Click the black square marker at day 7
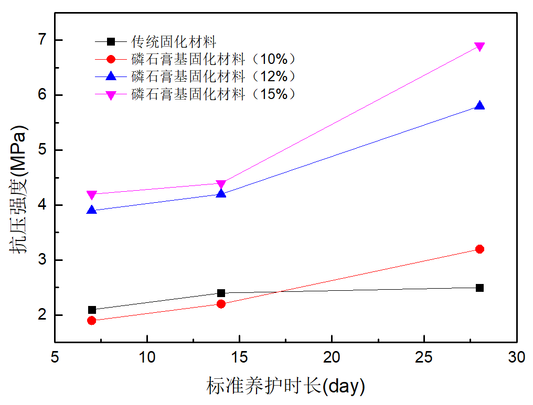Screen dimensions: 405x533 (92, 310)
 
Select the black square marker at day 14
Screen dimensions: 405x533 (221, 293)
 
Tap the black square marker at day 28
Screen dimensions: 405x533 (479, 288)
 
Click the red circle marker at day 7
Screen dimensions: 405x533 (92, 321)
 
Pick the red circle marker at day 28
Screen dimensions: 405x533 (479, 249)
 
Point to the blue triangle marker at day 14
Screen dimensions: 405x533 (221, 193)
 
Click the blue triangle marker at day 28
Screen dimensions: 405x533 (479, 105)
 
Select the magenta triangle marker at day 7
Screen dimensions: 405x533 (92, 195)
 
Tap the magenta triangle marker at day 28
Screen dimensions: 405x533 (479, 47)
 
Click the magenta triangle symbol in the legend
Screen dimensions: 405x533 (111, 95)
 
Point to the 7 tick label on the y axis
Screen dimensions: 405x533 (42, 40)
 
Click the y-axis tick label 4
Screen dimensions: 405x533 (42, 205)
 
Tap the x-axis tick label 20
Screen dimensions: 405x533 (332, 358)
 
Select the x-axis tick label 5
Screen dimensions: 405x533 (55, 358)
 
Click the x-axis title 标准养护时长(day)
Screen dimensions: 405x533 (285, 386)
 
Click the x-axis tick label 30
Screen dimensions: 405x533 (516, 358)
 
